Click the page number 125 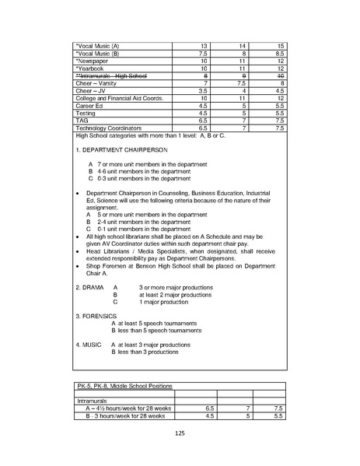pos(180,433)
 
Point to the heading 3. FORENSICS pos(96,316)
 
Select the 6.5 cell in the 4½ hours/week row pos(209,408)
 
